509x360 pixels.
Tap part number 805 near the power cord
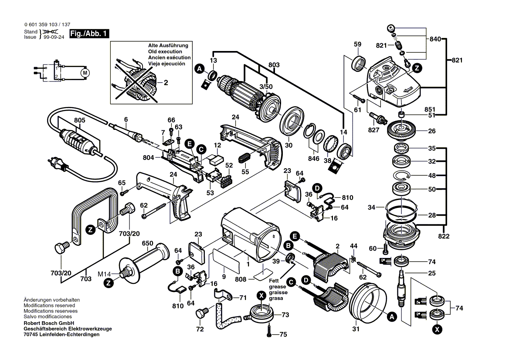79,120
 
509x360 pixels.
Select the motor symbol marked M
85,72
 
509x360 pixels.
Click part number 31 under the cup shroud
356,329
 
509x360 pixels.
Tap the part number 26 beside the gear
432,131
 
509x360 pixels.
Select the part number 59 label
357,44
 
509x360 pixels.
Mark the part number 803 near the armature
274,65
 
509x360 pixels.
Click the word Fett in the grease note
274,281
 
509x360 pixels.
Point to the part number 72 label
200,329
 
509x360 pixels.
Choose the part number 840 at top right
435,39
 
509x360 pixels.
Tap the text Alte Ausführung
168,46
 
